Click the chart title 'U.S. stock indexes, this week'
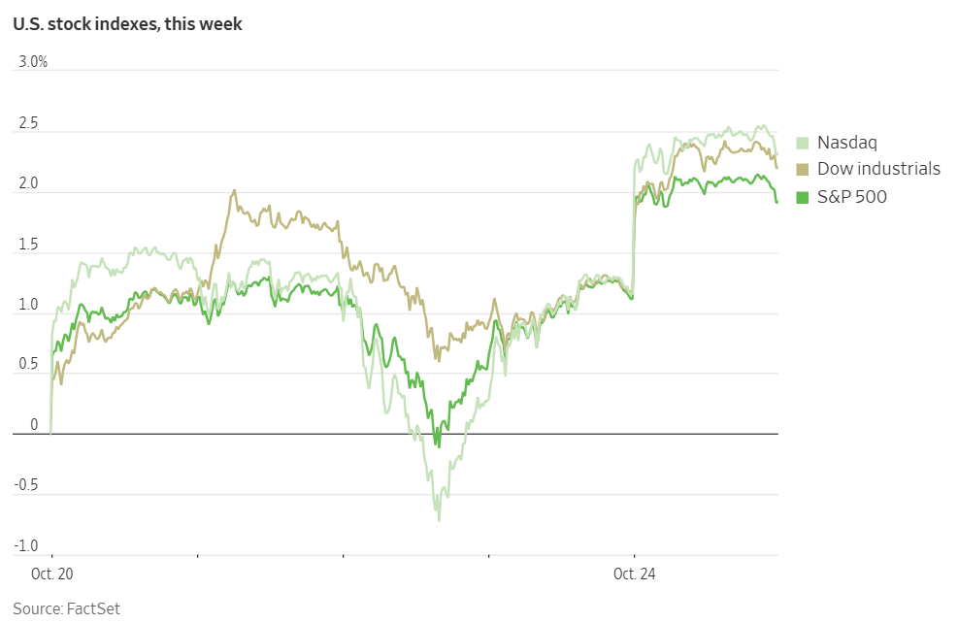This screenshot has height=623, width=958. point(127,24)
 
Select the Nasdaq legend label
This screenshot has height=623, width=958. point(846,143)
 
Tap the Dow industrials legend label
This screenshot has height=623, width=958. point(878,169)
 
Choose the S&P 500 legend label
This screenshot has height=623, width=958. point(851,197)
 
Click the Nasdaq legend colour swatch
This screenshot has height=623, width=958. point(803,143)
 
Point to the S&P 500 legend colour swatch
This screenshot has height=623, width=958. point(803,197)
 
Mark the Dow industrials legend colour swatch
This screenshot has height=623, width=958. point(803,169)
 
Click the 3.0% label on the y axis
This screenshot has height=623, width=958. point(32,62)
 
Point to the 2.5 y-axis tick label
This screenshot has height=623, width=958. point(28,123)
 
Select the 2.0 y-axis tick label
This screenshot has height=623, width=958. point(28,183)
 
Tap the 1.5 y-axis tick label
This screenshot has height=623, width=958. point(28,245)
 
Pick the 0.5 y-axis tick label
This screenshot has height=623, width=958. point(28,365)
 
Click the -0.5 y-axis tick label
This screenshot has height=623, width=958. point(27,486)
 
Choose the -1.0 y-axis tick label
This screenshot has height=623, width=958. point(27,547)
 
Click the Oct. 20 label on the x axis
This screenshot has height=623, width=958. point(51,574)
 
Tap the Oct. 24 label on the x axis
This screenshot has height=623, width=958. point(634,574)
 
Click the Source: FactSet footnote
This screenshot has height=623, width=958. point(66,608)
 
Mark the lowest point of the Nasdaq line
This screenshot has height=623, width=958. point(439,520)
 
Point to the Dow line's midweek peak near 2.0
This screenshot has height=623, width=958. point(235,191)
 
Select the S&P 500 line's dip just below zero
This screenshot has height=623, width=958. point(438,445)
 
